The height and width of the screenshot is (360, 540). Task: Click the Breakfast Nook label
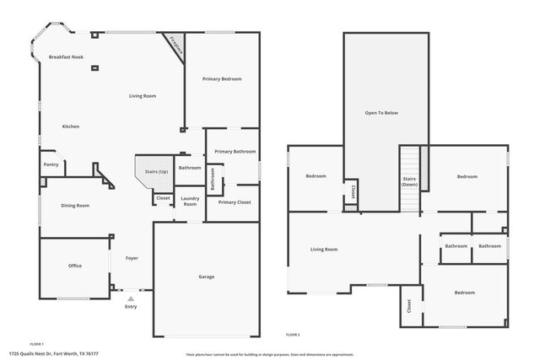66,57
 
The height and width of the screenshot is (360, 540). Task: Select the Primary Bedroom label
222,79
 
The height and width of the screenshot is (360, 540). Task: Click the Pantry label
51,164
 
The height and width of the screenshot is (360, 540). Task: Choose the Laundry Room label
190,201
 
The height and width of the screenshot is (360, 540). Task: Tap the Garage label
206,277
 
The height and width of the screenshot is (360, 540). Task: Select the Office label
75,266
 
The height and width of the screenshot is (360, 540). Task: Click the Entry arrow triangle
130,298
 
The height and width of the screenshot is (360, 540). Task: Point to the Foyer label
132,258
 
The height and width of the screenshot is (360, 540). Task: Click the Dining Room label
75,205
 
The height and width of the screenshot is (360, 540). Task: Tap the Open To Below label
381,112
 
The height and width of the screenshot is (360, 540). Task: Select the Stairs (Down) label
409,181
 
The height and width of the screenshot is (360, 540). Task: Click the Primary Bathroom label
235,151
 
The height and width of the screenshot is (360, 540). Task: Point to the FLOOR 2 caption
292,335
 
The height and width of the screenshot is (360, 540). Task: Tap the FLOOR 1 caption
36,344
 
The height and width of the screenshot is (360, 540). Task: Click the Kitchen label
71,126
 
